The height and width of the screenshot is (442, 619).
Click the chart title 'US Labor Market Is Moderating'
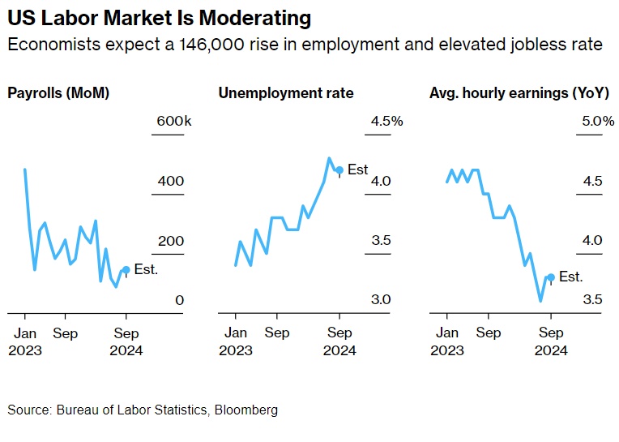[159, 17]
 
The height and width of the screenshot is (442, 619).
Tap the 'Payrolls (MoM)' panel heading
[58, 93]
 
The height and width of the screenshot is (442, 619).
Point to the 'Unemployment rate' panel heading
[286, 93]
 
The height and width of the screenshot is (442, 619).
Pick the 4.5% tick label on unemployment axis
[386, 122]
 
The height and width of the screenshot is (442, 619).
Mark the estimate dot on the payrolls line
[126, 270]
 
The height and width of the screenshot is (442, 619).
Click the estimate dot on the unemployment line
[339, 170]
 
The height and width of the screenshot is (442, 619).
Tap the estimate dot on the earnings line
[551, 277]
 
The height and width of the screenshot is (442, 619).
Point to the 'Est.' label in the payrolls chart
[146, 269]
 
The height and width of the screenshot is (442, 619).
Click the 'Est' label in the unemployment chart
[357, 170]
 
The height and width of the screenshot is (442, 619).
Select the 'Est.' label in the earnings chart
[571, 277]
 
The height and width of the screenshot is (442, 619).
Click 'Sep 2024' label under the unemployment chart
[339, 341]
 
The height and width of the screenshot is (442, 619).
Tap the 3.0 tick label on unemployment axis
[382, 300]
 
